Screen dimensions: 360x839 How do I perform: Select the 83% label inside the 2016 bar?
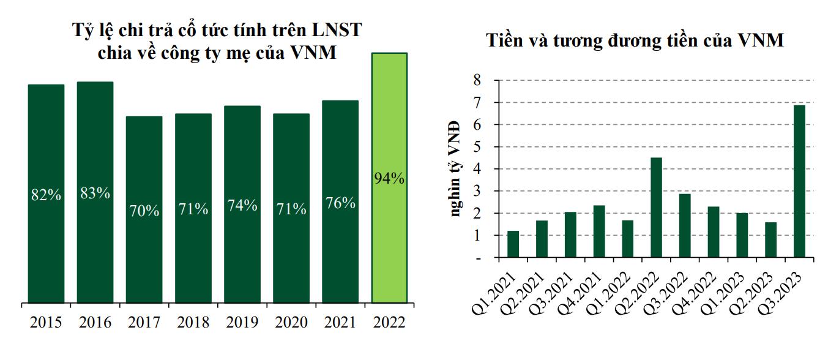point(95,193)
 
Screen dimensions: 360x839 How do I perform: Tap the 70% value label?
point(144,212)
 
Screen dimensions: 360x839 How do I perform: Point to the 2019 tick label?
point(242,322)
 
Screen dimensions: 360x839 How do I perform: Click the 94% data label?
point(389,179)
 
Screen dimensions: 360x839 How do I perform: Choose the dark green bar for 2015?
point(46,193)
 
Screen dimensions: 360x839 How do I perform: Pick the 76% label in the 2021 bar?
point(340,203)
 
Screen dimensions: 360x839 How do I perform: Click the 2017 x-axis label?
point(144,322)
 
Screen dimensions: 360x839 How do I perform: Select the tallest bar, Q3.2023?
point(799,181)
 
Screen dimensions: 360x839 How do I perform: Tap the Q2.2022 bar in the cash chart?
point(656,208)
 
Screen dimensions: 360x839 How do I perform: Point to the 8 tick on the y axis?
point(477,80)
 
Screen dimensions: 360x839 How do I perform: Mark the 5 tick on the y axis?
point(477,147)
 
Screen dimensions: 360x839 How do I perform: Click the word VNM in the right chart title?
point(761,41)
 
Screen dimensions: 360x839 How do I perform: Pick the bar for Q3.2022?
point(685,226)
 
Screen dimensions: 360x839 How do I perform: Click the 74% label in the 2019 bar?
point(242,206)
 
